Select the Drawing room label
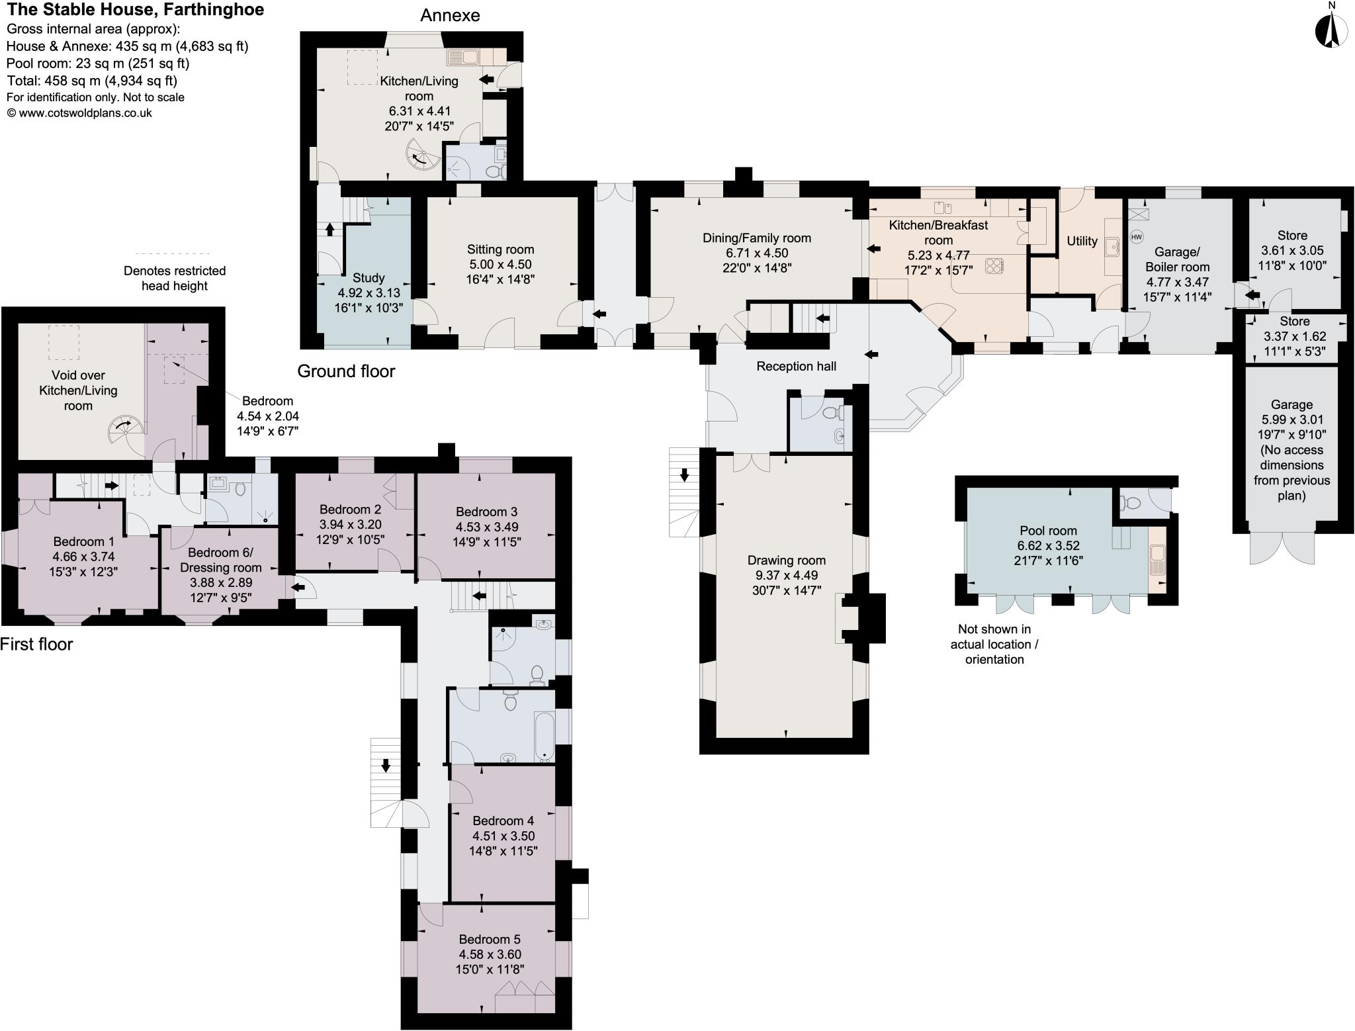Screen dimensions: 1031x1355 pyautogui.click(x=786, y=560)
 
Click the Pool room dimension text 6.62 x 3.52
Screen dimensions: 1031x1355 pyautogui.click(x=1047, y=546)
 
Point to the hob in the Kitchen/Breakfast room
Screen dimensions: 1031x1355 pyautogui.click(x=994, y=265)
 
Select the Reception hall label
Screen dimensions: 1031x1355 pyautogui.click(x=796, y=366)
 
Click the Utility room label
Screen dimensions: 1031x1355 pyautogui.click(x=1082, y=241)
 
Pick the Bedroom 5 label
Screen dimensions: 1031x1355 pyautogui.click(x=490, y=939)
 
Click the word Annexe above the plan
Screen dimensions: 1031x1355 pyautogui.click(x=450, y=15)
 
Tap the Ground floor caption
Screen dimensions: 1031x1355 pyautogui.click(x=346, y=371)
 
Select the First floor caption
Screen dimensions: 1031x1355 pyautogui.click(x=36, y=644)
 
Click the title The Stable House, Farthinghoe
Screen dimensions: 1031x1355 pyautogui.click(x=135, y=9)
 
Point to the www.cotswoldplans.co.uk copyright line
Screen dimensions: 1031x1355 pyautogui.click(x=79, y=113)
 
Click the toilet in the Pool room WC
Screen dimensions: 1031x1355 pyautogui.click(x=1131, y=504)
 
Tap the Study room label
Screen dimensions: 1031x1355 pyautogui.click(x=369, y=277)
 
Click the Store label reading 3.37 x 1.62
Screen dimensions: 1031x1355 pyautogui.click(x=1295, y=336)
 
